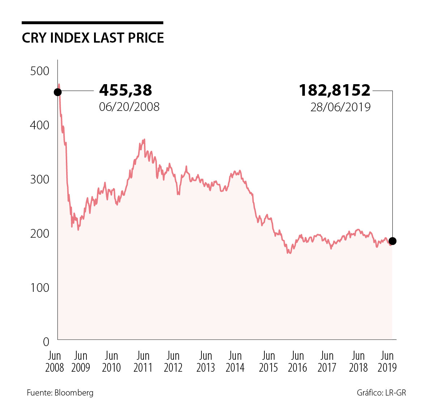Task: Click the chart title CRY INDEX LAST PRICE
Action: point(93,38)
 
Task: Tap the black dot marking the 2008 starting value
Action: point(58,92)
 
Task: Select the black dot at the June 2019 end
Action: point(392,241)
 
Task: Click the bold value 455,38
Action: point(125,90)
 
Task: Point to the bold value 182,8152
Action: point(335,90)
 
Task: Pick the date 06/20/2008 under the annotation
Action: point(129,107)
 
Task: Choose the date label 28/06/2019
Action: point(340,107)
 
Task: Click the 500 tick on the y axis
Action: point(40,71)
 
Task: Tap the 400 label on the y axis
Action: point(40,125)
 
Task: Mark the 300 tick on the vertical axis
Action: point(40,179)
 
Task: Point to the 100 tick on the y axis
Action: point(40,288)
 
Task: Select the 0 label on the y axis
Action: point(46,341)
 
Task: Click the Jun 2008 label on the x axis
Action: point(55,362)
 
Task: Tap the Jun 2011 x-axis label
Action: point(143,362)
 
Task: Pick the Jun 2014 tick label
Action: point(235,362)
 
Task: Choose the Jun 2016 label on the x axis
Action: point(297,362)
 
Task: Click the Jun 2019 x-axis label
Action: point(387,362)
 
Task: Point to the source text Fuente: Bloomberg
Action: point(60,393)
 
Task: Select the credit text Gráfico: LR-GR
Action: point(381,393)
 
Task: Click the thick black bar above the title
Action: point(92,23)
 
